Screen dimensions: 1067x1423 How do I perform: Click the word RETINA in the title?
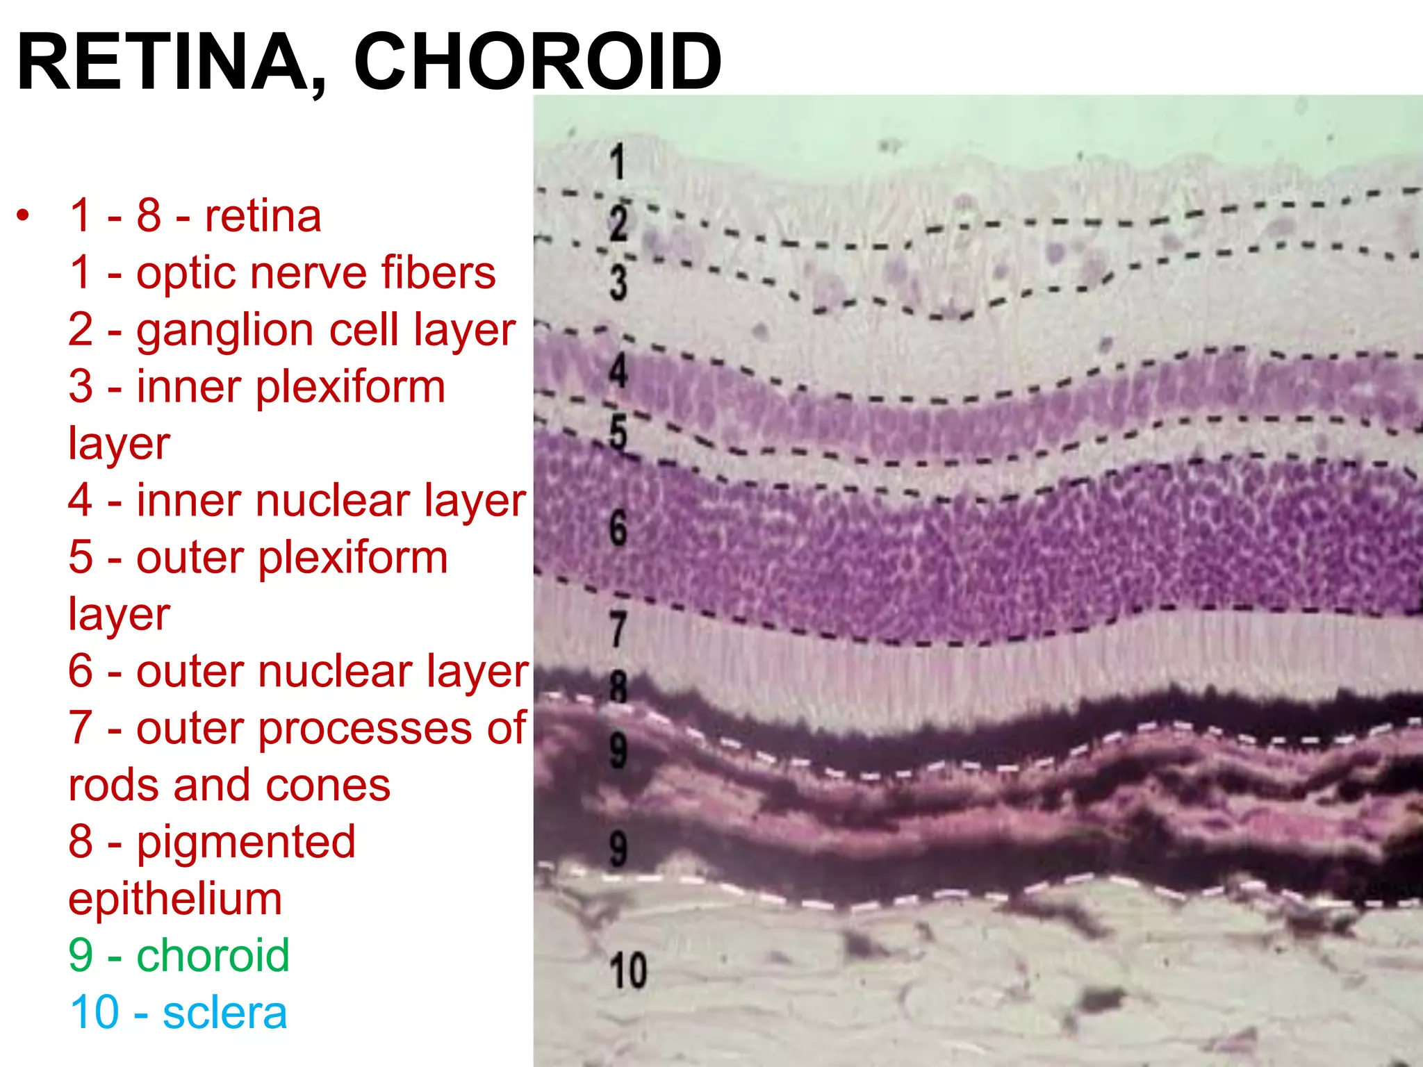pyautogui.click(x=163, y=63)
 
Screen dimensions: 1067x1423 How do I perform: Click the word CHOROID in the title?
pyautogui.click(x=538, y=63)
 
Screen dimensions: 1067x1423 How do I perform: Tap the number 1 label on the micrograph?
pyautogui.click(x=617, y=163)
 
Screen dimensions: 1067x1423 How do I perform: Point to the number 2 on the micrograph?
pyautogui.click(x=618, y=224)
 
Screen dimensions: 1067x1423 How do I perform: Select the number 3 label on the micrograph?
pyautogui.click(x=618, y=283)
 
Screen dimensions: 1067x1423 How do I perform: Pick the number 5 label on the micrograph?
pyautogui.click(x=618, y=432)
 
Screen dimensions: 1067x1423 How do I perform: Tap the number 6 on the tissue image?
pyautogui.click(x=618, y=528)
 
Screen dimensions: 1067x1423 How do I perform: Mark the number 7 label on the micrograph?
pyautogui.click(x=618, y=629)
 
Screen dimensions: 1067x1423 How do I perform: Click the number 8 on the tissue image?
pyautogui.click(x=618, y=688)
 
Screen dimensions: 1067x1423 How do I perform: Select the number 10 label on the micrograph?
pyautogui.click(x=628, y=970)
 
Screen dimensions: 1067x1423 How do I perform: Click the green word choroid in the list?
pyautogui.click(x=213, y=955)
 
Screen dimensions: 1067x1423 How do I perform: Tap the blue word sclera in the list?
pyautogui.click(x=224, y=1013)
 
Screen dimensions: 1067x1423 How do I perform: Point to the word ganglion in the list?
pyautogui.click(x=226, y=331)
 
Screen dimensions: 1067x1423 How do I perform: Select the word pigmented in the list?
pyautogui.click(x=246, y=843)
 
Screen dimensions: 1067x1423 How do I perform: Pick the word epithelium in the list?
pyautogui.click(x=175, y=900)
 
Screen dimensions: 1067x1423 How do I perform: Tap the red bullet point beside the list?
pyautogui.click(x=24, y=215)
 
